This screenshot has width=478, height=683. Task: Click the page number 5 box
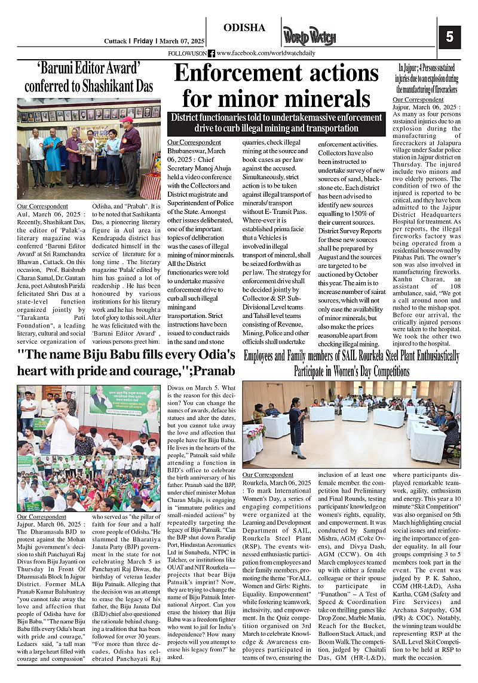[x=449, y=36]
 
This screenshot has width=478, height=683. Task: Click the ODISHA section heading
[x=244, y=28]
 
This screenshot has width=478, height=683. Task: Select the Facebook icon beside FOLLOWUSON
[x=212, y=54]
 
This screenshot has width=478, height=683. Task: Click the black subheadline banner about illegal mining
[x=275, y=123]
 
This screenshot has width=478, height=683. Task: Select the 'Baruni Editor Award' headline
[x=88, y=76]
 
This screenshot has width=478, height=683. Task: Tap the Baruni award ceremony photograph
[x=88, y=148]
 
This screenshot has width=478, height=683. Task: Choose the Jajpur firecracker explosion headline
[x=427, y=78]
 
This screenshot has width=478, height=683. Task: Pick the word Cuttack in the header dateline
[x=115, y=41]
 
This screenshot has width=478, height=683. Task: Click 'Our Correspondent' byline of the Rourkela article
[x=268, y=475]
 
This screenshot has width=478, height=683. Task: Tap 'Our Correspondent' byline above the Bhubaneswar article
[x=194, y=143]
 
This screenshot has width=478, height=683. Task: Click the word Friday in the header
[x=143, y=41]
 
